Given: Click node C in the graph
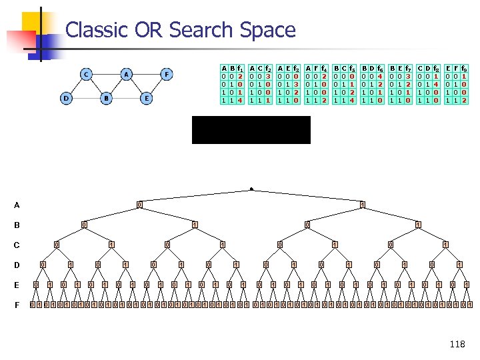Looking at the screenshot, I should pos(86,74).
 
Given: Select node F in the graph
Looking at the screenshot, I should pos(167,74).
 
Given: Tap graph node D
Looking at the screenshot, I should pos(66,99).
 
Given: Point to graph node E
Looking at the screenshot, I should pos(147,99).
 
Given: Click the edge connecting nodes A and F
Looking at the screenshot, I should pos(147,74).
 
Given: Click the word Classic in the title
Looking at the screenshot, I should pos(93,30).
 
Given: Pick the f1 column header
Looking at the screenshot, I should pos(239,68).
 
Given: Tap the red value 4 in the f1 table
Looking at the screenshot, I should pos(239,100).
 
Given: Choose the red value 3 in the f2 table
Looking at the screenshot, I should pos(267,77).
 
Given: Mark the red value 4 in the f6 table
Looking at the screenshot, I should pos(379,77).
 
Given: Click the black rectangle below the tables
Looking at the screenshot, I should pos(251,130).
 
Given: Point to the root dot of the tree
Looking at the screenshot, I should pos(251,189).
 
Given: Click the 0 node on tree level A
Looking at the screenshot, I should pos(139,204).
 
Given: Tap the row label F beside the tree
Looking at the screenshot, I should pos(16,305).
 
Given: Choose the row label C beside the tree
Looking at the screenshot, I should pos(16,245).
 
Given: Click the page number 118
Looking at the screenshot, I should pos(457,344).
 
